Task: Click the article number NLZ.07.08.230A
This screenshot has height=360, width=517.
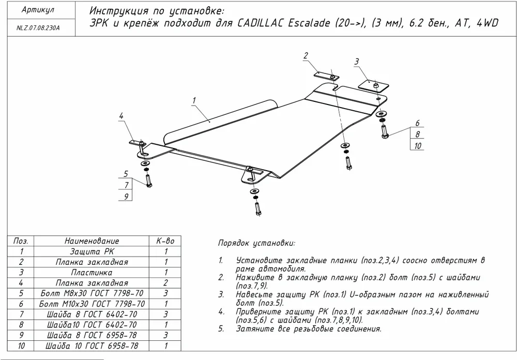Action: click(35, 29)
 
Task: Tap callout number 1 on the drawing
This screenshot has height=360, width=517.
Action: click(193, 100)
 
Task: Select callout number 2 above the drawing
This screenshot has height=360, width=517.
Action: click(306, 56)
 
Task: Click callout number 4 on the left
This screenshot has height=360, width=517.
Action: click(121, 116)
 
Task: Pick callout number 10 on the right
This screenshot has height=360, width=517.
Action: click(418, 146)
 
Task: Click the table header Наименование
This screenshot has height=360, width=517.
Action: click(92, 241)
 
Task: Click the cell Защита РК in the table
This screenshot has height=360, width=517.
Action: click(92, 251)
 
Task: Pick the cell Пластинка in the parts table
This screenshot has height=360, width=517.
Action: click(92, 272)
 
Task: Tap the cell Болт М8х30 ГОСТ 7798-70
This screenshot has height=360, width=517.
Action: click(92, 293)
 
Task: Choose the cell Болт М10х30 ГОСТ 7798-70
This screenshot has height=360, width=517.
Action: click(92, 304)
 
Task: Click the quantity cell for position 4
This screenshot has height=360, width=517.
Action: click(165, 283)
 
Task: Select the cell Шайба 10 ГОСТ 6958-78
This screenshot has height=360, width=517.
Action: click(92, 346)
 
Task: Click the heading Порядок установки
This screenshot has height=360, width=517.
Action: click(256, 243)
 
